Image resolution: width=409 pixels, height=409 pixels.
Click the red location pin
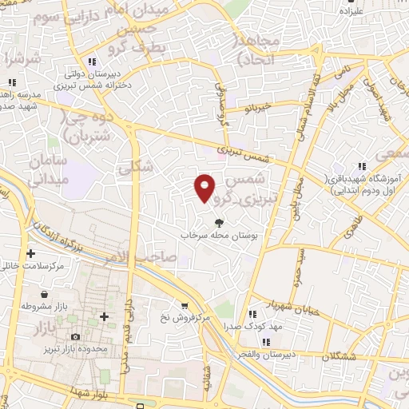tap(205, 188)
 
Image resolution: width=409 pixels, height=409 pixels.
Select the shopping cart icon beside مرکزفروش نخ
tap(185, 305)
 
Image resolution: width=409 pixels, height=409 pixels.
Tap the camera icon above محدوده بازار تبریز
tap(76, 337)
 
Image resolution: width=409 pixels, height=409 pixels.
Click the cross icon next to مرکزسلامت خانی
tap(30, 254)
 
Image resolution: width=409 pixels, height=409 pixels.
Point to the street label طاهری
tap(351, 230)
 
